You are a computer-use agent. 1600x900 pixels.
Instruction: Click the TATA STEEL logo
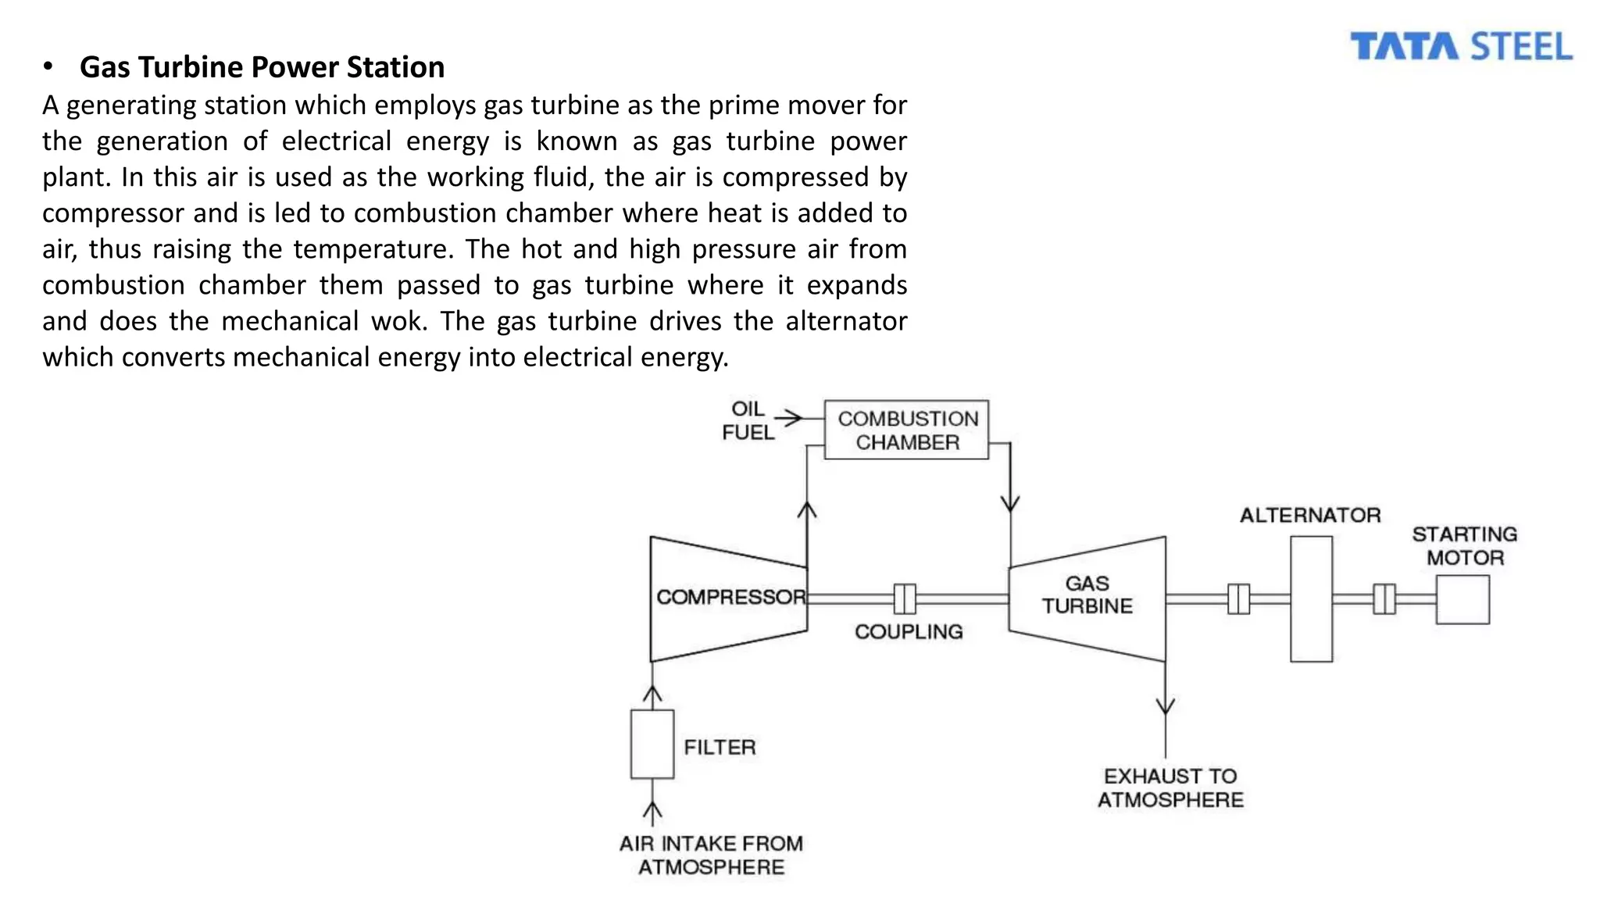[x=1461, y=47]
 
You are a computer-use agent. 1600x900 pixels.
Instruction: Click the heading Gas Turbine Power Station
[x=262, y=67]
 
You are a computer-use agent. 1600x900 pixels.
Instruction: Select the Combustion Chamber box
[x=906, y=430]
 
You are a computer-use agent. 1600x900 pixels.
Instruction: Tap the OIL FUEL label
[x=748, y=420]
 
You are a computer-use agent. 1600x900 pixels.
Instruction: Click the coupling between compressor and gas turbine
[x=905, y=599]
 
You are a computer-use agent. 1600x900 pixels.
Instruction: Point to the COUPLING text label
[x=908, y=631]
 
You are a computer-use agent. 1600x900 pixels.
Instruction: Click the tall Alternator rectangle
[x=1311, y=599]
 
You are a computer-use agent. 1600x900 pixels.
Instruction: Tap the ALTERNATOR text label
[x=1310, y=515]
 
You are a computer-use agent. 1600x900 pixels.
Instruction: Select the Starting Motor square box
[x=1462, y=599]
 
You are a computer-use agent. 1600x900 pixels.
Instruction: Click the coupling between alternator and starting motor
[x=1384, y=599]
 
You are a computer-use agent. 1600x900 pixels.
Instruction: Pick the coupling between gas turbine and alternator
[x=1238, y=599]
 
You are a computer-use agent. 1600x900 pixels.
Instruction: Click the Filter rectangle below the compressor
[x=652, y=744]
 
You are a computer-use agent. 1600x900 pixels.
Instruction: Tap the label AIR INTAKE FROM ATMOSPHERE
[x=711, y=855]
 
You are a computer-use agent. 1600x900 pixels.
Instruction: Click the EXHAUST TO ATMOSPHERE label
[x=1170, y=787]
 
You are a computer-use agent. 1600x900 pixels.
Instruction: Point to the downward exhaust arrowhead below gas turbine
[x=1166, y=706]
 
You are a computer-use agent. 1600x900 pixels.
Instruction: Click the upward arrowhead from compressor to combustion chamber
[x=806, y=510]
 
